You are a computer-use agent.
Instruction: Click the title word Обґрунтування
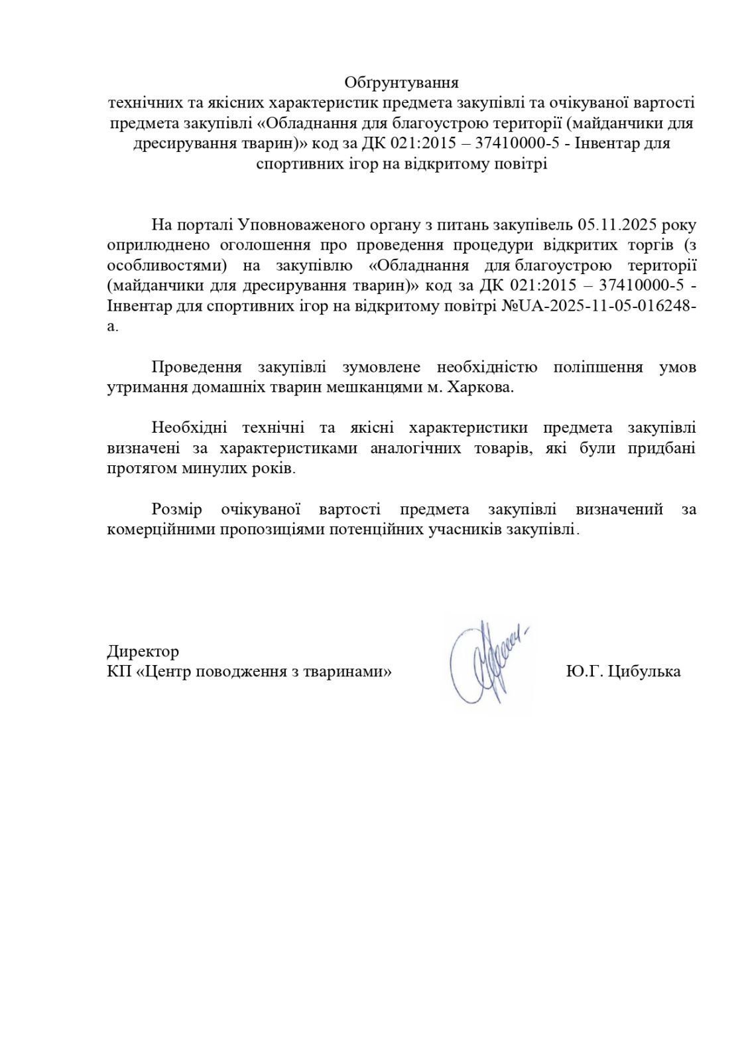[401, 83]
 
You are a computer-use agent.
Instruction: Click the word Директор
[143, 651]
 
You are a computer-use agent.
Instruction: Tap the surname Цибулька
[643, 672]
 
